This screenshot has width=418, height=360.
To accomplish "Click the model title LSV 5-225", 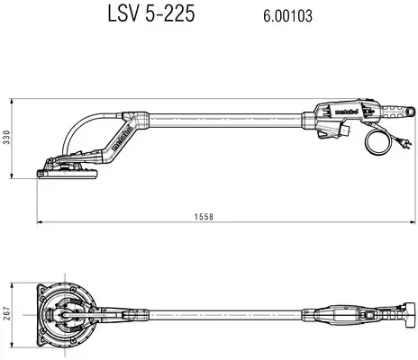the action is click(151, 13).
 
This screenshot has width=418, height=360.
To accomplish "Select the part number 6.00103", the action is click(287, 15).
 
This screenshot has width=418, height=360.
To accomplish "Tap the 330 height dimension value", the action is click(6, 138).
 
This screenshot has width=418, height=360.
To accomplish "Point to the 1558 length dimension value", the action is click(204, 217).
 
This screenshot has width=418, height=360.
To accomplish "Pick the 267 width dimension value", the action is click(6, 314).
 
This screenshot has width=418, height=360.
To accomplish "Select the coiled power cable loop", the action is click(377, 143).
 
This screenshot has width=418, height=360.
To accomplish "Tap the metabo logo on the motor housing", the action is click(346, 112).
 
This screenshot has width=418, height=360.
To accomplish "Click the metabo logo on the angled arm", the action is click(123, 138).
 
